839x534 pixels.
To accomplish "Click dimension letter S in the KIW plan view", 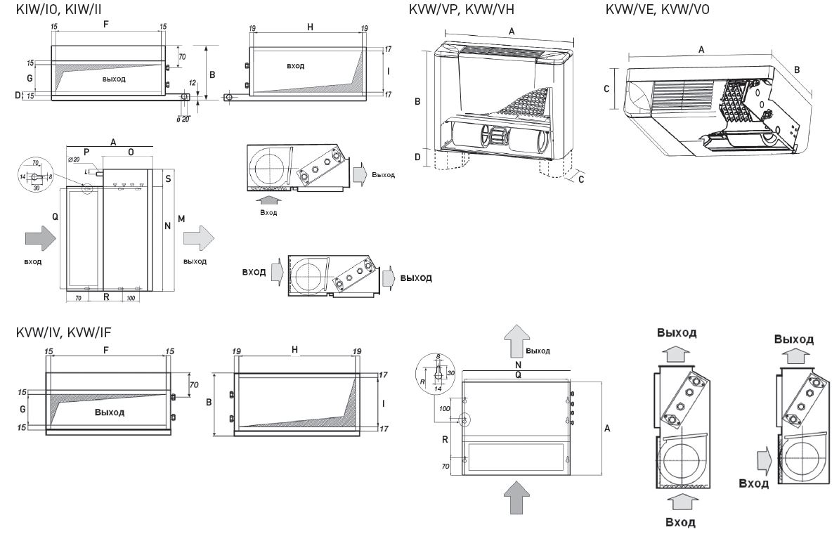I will click(169, 180).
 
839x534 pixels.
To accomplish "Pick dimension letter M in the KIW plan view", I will click(181, 221).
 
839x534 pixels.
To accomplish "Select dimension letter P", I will click(86, 151).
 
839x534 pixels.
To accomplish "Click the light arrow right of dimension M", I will click(200, 237).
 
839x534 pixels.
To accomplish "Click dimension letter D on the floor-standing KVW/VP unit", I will click(418, 157).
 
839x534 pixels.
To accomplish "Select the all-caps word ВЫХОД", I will click(416, 278).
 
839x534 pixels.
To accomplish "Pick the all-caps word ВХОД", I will click(254, 271).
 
